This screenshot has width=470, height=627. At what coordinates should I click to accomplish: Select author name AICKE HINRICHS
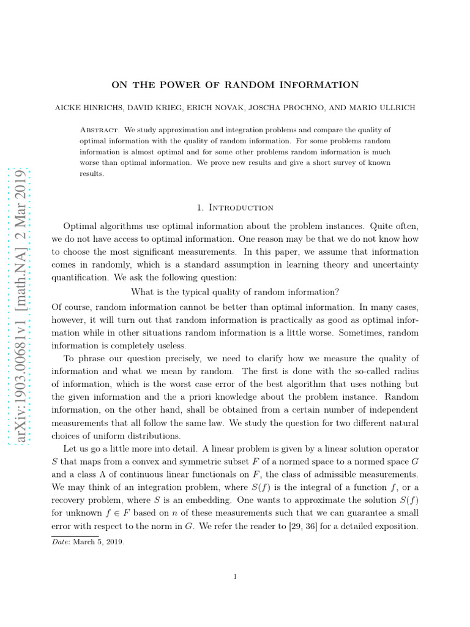(x=86, y=108)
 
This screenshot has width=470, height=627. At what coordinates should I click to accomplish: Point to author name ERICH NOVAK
(x=206, y=108)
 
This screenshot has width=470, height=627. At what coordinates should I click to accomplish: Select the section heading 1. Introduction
(x=234, y=208)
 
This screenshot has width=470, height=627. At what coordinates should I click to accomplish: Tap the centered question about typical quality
(x=235, y=290)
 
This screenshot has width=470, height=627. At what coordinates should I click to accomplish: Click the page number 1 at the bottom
(x=235, y=575)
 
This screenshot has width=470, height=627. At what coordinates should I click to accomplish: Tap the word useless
(x=168, y=345)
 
